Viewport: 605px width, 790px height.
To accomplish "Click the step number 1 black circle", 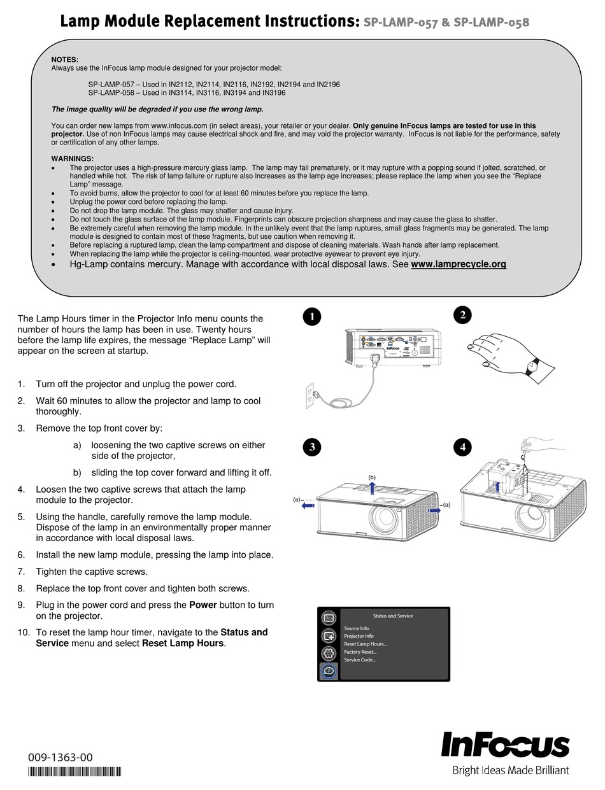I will pyautogui.click(x=311, y=316).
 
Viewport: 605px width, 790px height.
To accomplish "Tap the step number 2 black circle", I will pyautogui.click(x=463, y=315).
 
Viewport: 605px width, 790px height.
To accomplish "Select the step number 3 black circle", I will pyautogui.click(x=311, y=447).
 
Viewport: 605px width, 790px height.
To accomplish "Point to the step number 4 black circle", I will pyautogui.click(x=463, y=447).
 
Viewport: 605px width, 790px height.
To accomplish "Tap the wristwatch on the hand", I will pyautogui.click(x=532, y=365).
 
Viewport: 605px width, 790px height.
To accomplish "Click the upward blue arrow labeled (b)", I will pyautogui.click(x=373, y=487).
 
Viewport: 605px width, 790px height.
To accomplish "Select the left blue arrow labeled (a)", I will pyautogui.click(x=308, y=506).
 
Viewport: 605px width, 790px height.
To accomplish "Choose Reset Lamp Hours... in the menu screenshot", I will pyautogui.click(x=366, y=644).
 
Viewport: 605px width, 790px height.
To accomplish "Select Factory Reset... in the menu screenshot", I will pyautogui.click(x=360, y=652).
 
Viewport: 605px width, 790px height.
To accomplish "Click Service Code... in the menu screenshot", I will pyautogui.click(x=360, y=660).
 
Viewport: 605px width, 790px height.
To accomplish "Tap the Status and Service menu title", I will pyautogui.click(x=393, y=616).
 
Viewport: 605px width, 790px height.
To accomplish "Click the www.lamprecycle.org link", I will pyautogui.click(x=459, y=264).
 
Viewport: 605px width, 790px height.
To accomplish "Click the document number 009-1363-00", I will pyautogui.click(x=60, y=758).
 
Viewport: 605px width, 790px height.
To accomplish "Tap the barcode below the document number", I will pyautogui.click(x=75, y=772).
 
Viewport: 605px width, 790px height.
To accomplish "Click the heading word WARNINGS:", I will pyautogui.click(x=73, y=159).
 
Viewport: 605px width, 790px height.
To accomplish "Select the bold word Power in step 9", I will pyautogui.click(x=203, y=605).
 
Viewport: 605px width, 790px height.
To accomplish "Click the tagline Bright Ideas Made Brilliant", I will pyautogui.click(x=511, y=771).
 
